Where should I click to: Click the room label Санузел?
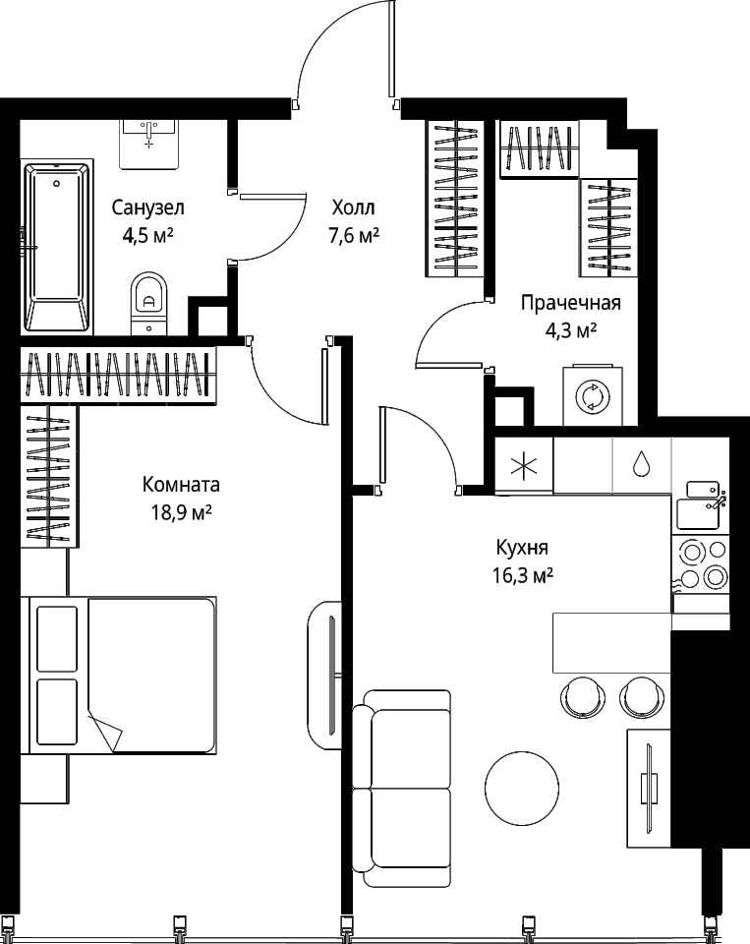coord(148,208)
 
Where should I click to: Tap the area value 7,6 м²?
coord(353,235)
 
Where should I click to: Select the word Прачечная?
coord(571,302)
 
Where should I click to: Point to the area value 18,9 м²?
coord(181,512)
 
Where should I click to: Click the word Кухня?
coord(522,548)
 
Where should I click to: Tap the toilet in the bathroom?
coord(148,304)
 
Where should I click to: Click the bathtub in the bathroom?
coord(57,247)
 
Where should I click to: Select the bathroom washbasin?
coord(148,144)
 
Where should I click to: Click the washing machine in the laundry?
coord(593,395)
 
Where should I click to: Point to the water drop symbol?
coord(641,463)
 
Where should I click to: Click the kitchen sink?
coord(701,504)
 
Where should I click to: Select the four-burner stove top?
coord(701,563)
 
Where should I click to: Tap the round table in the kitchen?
coord(523,785)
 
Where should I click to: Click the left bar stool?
coord(582,696)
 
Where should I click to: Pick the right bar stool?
coord(642,696)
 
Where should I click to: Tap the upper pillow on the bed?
coord(57,639)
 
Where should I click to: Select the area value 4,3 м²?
coord(570,330)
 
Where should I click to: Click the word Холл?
coord(353,208)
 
